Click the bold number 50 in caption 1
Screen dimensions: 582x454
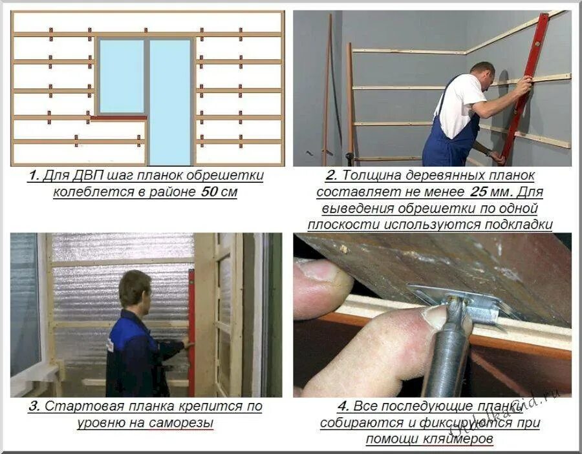[210, 192]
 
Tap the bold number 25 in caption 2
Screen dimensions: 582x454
[479, 192]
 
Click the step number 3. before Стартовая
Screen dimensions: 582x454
[34, 406]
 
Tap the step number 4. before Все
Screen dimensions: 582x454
[343, 406]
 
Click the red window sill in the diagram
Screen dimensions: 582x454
[119, 118]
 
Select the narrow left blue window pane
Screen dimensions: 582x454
[122, 76]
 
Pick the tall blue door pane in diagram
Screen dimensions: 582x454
[170, 102]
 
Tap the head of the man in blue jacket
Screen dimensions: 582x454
[135, 288]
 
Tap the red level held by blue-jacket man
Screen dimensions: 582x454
[191, 333]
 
